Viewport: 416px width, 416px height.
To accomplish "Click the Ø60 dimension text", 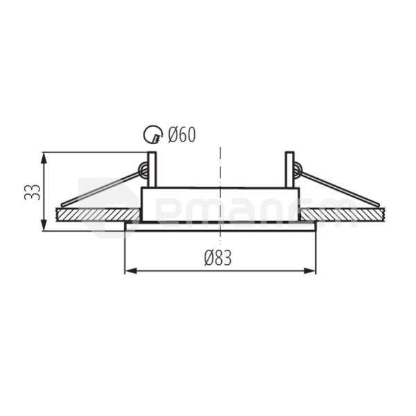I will coord(182,135).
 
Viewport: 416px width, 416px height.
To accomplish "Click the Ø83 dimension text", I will coord(218,258).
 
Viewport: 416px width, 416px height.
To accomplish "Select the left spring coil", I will coord(144,169).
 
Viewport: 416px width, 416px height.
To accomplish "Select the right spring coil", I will coord(297,169).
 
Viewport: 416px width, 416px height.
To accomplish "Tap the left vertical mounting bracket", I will coord(152,169).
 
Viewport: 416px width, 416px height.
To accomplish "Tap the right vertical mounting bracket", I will coord(289,169).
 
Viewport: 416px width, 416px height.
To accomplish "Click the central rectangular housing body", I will coord(220,204).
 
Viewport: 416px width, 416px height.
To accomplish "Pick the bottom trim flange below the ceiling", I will coord(220,227).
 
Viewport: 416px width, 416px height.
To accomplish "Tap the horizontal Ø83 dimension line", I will coord(180,270).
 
